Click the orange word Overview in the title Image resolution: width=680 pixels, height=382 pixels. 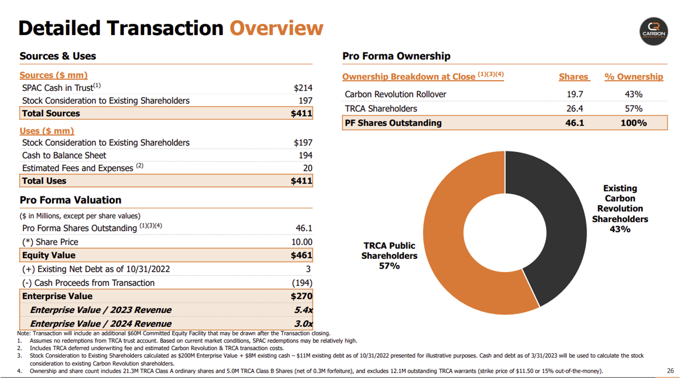(x=276, y=28)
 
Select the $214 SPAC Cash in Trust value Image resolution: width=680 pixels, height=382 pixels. (x=303, y=88)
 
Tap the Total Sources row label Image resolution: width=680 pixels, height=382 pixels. (x=51, y=114)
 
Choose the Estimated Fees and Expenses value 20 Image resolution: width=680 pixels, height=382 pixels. (x=307, y=168)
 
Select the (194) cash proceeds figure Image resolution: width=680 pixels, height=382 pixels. (x=302, y=283)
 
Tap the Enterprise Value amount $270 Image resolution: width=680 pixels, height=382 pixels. (x=302, y=296)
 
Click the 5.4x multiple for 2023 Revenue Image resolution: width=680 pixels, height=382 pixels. (x=303, y=310)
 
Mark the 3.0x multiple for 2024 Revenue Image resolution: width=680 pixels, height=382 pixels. (x=303, y=324)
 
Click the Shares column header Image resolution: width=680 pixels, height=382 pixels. (x=573, y=77)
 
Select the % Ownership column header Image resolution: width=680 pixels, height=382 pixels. (x=634, y=77)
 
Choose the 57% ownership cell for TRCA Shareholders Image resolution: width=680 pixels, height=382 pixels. (x=634, y=109)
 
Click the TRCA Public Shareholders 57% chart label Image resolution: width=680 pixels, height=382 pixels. (x=389, y=256)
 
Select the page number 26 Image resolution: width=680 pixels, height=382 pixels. (x=670, y=371)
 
